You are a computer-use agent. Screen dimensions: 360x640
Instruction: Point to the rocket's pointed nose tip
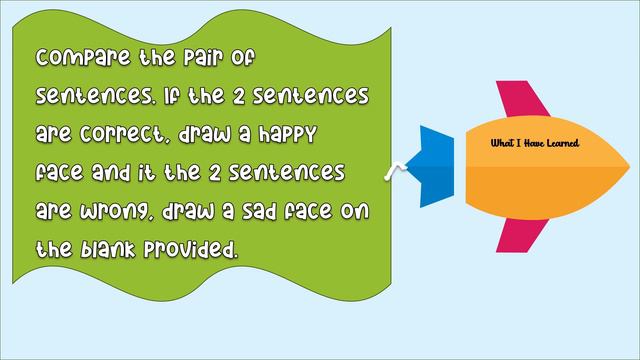point(627,166)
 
